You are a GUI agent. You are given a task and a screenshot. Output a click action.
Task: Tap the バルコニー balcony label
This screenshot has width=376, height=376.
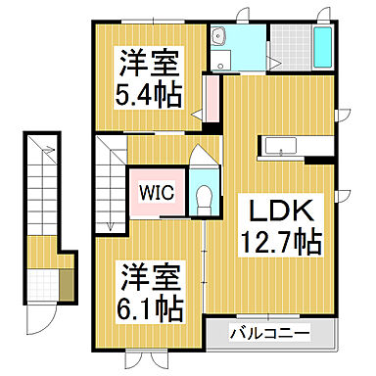[x=269, y=333]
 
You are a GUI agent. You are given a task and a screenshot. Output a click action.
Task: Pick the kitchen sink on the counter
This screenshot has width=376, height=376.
[x=283, y=148]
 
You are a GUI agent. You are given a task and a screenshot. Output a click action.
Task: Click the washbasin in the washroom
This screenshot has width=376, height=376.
[x=221, y=37]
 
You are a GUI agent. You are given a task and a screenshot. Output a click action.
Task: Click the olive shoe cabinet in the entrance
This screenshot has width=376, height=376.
[x=66, y=284]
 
